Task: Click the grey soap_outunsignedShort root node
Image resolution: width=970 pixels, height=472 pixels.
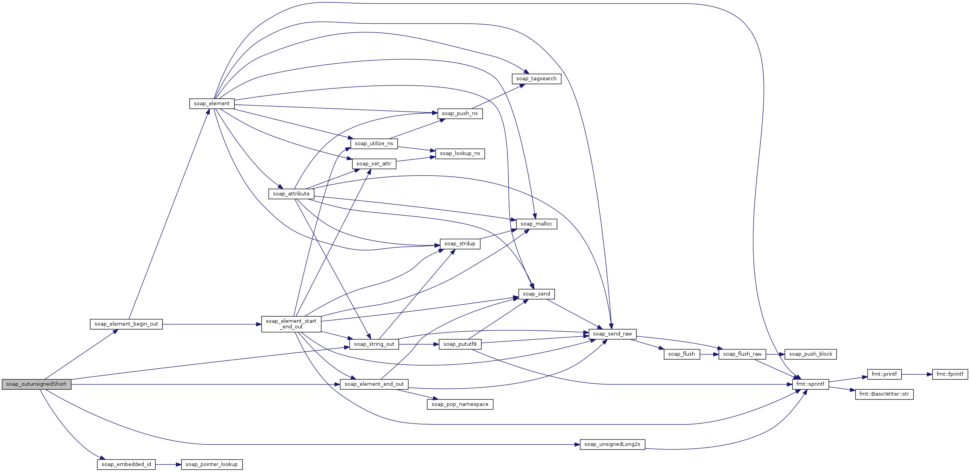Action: [37, 384]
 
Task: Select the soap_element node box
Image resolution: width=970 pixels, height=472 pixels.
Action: [212, 104]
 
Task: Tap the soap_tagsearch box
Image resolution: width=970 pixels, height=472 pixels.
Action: [536, 79]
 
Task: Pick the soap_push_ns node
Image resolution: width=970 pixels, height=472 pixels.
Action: [460, 114]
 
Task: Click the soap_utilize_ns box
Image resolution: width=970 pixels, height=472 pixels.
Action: [374, 144]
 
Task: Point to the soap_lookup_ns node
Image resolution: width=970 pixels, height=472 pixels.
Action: [460, 154]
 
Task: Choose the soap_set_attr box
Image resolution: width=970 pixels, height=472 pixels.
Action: [374, 164]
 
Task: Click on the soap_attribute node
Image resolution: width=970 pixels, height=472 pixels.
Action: [291, 194]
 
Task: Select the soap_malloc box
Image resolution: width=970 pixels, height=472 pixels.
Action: [536, 224]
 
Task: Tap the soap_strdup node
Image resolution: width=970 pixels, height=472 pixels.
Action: [460, 244]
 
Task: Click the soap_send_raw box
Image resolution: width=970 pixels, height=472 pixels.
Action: [612, 334]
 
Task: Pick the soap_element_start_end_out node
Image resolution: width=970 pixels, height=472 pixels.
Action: [291, 324]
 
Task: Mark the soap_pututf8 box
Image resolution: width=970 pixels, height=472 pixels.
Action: [460, 344]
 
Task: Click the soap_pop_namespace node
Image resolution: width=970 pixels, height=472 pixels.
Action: [460, 404]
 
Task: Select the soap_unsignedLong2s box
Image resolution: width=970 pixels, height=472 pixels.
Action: [612, 444]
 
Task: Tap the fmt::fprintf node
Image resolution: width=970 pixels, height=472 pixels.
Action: [950, 374]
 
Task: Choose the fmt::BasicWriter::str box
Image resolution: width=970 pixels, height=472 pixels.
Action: [884, 394]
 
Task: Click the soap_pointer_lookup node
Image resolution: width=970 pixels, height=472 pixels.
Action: [212, 464]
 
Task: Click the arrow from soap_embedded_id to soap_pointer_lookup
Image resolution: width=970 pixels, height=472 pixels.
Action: [168, 464]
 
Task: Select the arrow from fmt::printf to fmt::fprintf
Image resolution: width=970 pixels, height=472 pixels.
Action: [917, 374]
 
